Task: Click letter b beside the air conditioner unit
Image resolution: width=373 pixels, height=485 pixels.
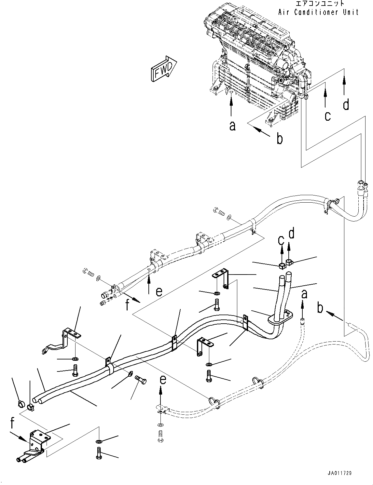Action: click(280, 139)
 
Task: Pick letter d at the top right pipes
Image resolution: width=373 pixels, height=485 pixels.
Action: click(346, 104)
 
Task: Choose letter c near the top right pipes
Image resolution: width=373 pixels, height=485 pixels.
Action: click(327, 116)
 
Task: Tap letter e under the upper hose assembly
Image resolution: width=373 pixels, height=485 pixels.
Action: click(159, 292)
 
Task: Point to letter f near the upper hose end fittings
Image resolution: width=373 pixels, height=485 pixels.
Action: click(127, 305)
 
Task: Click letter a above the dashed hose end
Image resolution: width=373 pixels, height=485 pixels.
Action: click(304, 294)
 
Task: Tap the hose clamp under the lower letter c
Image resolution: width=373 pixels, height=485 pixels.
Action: click(282, 266)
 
